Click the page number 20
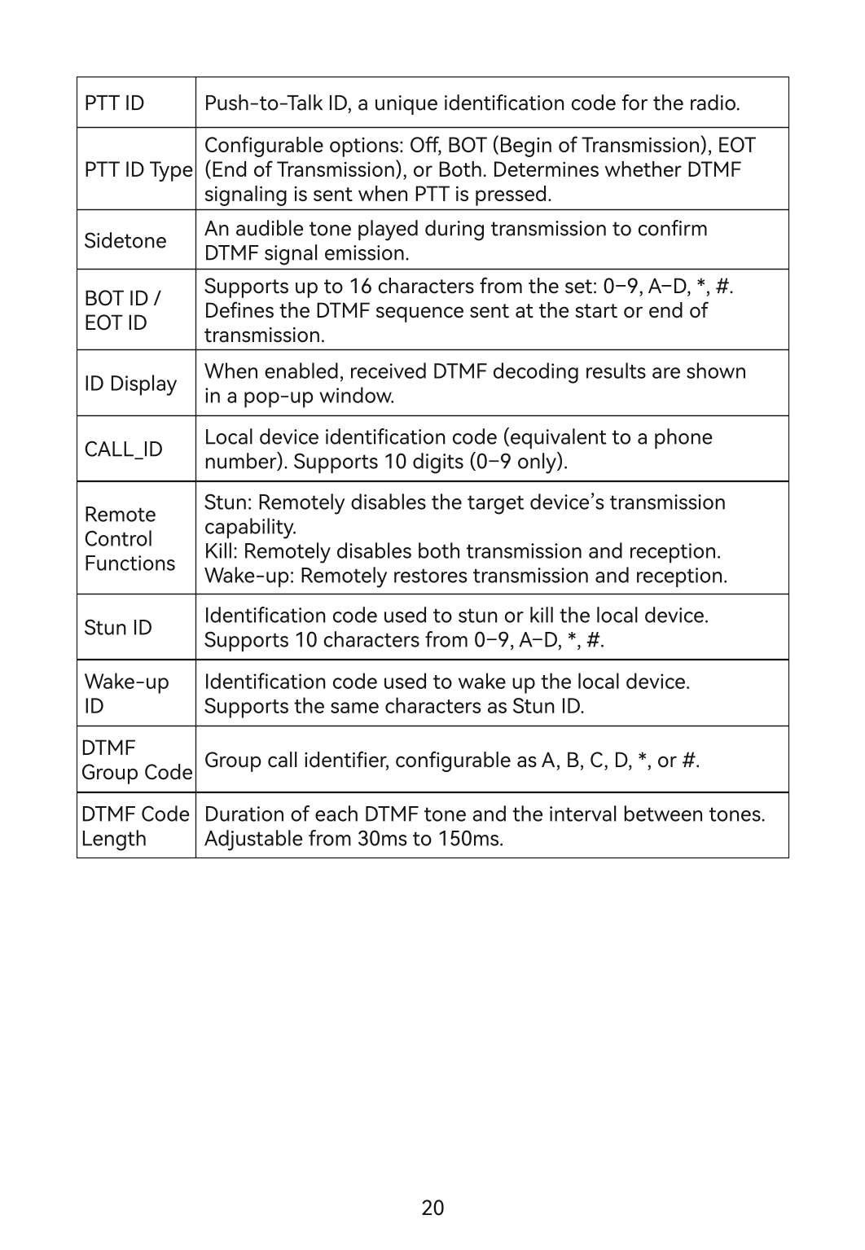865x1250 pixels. [432, 1208]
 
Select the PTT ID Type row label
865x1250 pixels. [138, 170]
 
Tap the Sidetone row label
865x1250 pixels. [125, 241]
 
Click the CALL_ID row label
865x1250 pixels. [123, 450]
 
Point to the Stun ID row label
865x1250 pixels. [117, 628]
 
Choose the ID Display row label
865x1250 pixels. [130, 384]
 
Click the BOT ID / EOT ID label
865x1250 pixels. [122, 310]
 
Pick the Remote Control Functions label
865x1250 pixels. [129, 539]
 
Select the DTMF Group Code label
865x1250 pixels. [137, 760]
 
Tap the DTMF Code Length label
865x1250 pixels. [135, 826]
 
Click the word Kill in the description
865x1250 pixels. [218, 551]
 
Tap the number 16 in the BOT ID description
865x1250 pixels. [360, 287]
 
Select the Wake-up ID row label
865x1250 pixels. [126, 694]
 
